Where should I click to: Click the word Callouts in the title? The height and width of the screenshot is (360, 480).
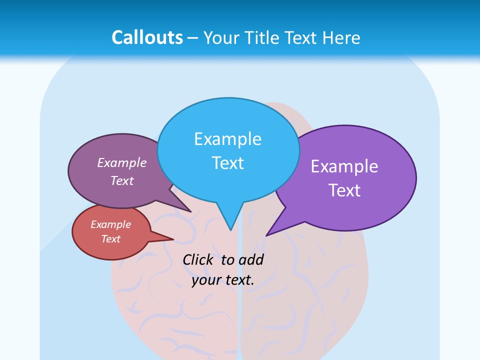[x=147, y=37]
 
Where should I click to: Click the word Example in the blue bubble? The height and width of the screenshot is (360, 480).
[x=227, y=139]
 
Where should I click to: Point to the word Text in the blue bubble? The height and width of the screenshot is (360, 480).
[x=227, y=163]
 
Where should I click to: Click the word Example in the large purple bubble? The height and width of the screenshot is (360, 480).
[x=344, y=166]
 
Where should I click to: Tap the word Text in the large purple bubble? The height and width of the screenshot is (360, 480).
[x=344, y=190]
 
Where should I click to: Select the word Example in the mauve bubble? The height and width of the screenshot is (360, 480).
[x=122, y=163]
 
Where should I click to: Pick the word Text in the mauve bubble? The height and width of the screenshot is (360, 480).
[x=122, y=181]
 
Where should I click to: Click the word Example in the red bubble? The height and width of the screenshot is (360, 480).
[x=111, y=224]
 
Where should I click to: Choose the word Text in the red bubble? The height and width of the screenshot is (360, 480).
[x=111, y=239]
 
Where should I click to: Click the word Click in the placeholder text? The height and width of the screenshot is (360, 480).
[x=199, y=260]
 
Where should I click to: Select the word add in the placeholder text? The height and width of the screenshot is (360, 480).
[x=251, y=260]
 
